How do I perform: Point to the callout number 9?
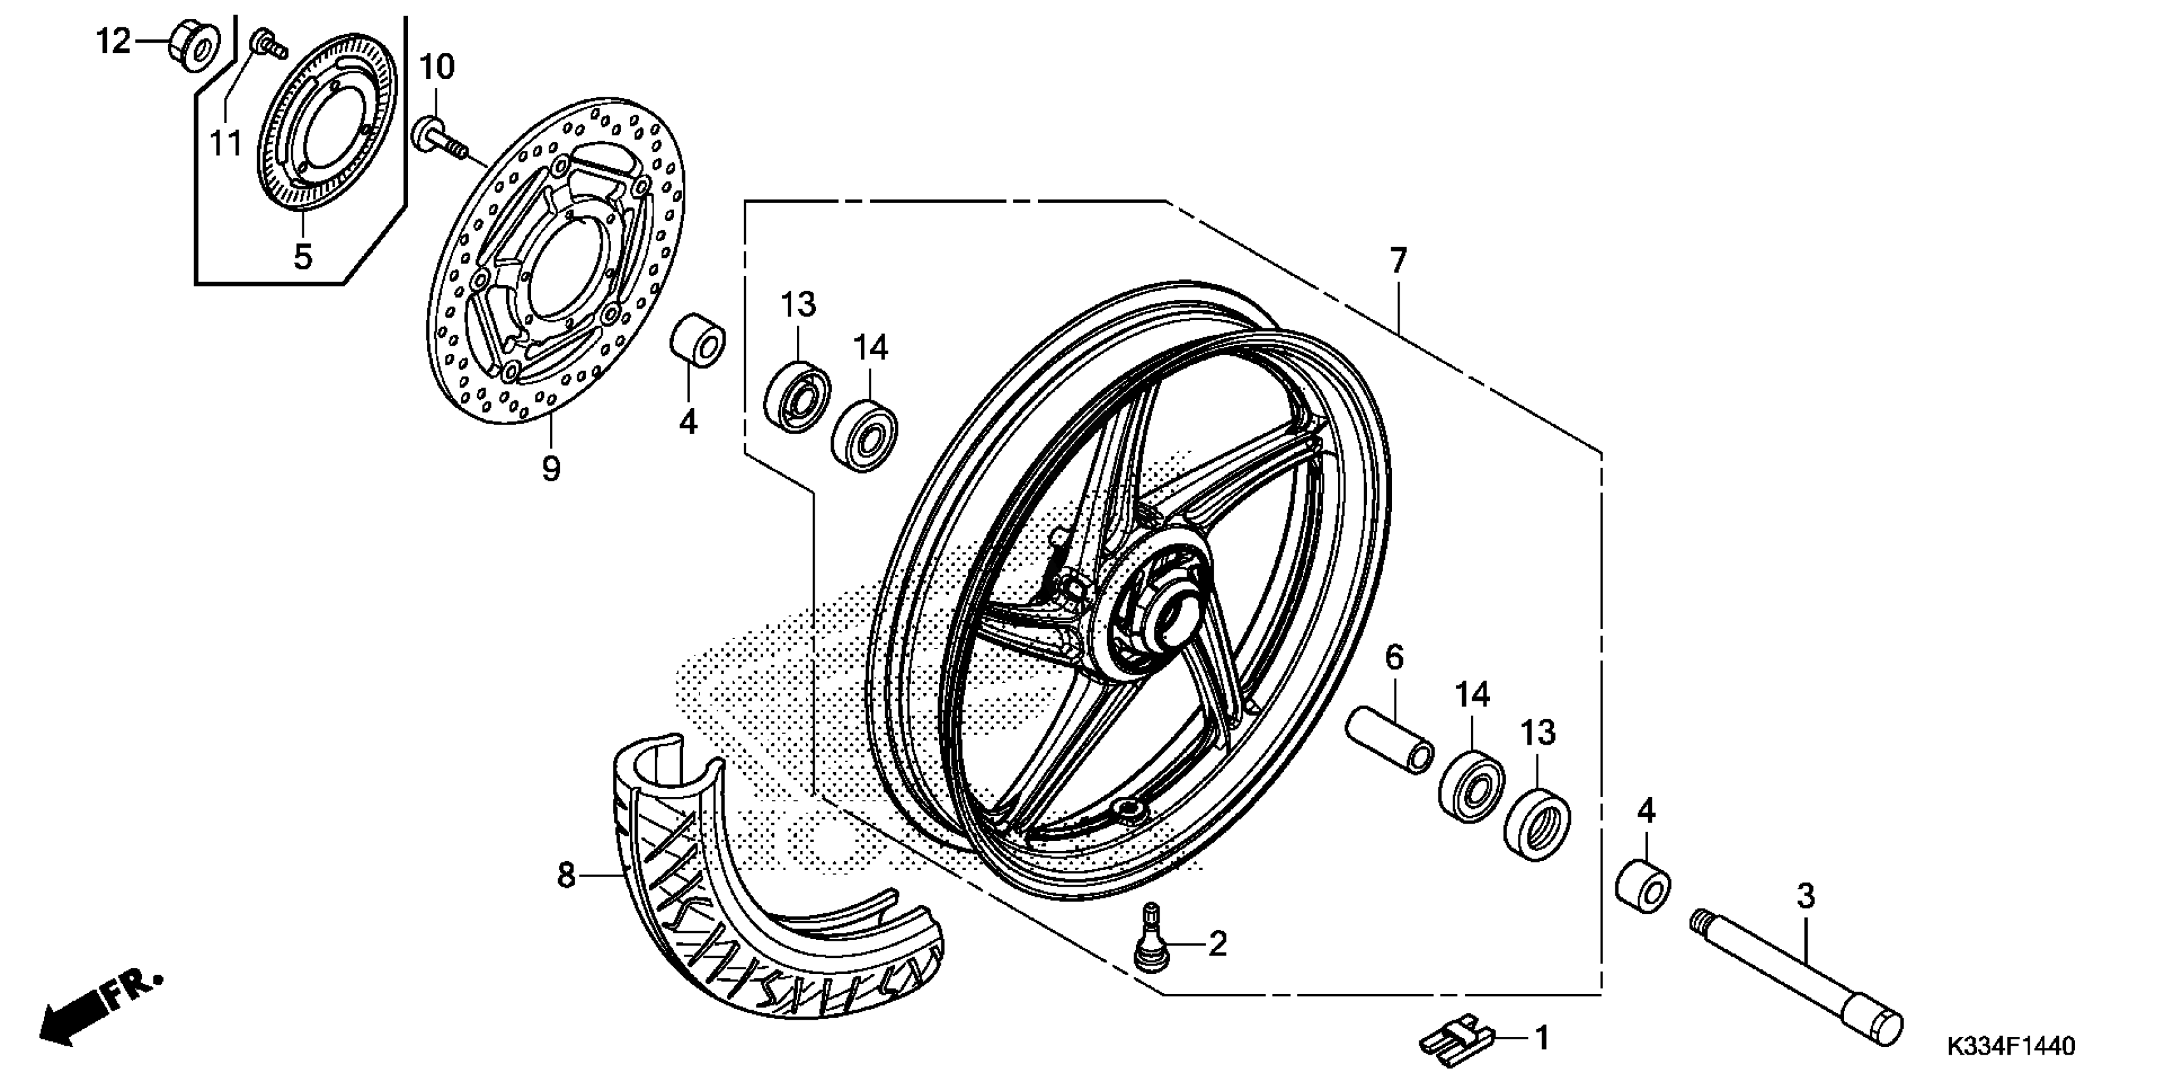tap(551, 468)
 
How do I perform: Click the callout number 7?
tap(1397, 261)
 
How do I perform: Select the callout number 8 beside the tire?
tap(566, 875)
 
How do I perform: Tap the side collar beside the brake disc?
tap(697, 341)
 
